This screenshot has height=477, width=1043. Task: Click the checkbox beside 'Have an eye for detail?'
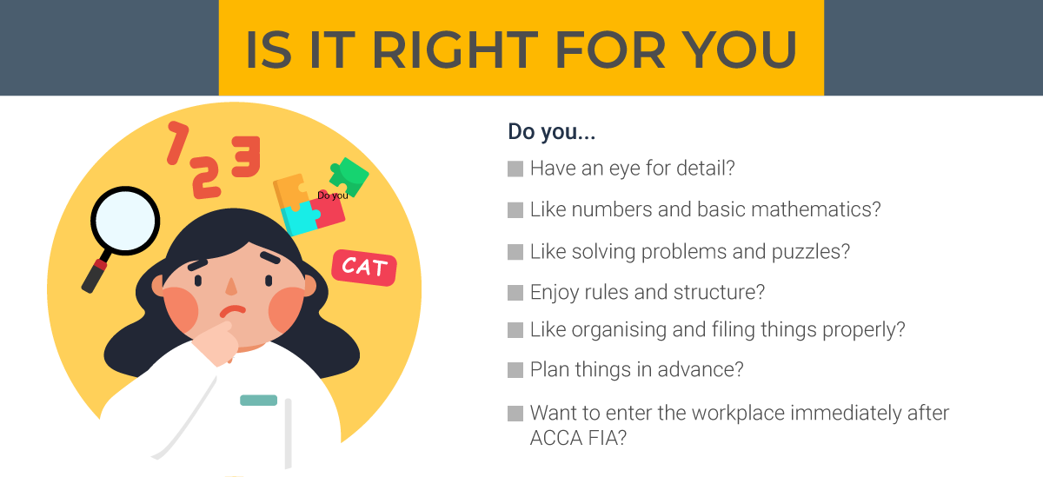click(515, 169)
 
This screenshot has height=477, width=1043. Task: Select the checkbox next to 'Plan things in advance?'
click(515, 370)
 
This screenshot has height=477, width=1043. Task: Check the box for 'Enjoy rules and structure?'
click(515, 293)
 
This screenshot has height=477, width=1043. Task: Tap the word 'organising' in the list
click(616, 330)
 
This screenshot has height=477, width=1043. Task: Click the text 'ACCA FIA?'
click(578, 439)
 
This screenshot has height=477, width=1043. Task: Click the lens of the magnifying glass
click(125, 221)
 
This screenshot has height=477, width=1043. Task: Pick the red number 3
click(246, 156)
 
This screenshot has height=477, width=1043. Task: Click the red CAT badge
click(364, 267)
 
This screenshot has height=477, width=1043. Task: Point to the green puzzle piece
click(349, 176)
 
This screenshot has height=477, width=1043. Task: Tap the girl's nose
click(232, 286)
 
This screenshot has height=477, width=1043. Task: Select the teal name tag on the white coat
click(258, 401)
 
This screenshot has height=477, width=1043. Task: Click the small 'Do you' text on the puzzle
click(332, 195)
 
